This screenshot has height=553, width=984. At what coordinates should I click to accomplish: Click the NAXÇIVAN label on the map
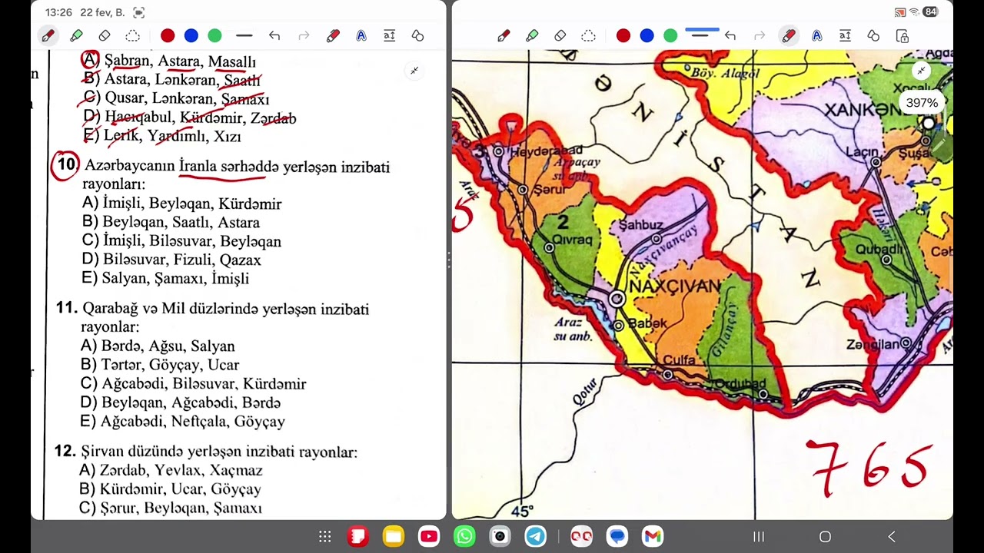(x=675, y=286)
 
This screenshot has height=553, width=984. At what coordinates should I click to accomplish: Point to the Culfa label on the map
(x=679, y=359)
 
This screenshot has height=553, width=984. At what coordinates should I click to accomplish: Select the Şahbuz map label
(x=640, y=225)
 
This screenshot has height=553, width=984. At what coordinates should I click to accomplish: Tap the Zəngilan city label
(x=872, y=345)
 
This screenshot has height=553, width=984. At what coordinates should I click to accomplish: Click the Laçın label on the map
(x=862, y=152)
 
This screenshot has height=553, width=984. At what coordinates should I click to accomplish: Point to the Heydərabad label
(x=547, y=151)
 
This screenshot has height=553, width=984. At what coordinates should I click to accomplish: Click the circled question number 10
(x=67, y=165)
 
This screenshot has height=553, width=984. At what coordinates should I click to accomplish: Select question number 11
(x=67, y=308)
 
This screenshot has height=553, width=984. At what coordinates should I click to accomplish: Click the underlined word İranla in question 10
(x=198, y=167)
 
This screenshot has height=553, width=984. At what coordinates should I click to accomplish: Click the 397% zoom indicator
(x=922, y=103)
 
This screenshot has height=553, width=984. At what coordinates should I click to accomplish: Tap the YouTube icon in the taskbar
(x=429, y=536)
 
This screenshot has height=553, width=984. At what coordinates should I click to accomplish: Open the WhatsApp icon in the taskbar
(x=464, y=536)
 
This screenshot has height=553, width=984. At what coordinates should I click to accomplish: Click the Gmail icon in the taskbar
(x=653, y=536)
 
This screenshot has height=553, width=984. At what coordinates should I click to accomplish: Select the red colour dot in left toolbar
(x=168, y=35)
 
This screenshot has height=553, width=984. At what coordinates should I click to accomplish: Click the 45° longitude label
(x=522, y=511)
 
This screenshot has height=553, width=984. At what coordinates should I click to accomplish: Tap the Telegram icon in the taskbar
(x=535, y=536)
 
